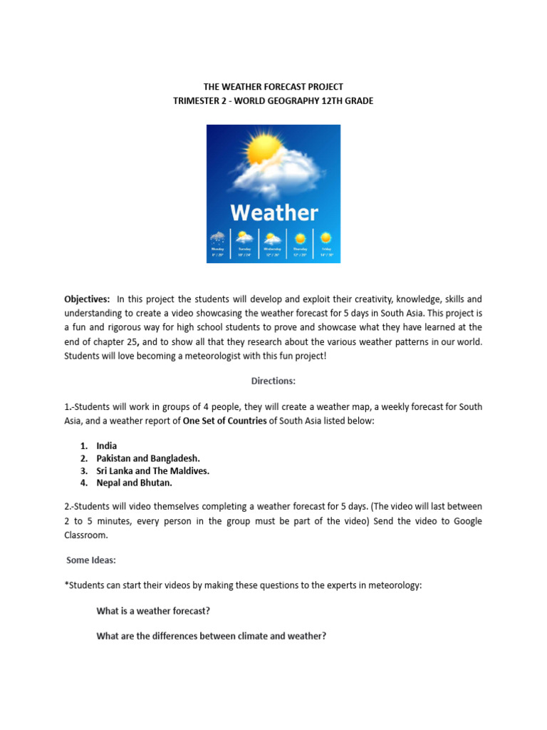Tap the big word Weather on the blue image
pos(273,212)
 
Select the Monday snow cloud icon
pos(218,238)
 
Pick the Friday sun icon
pos(325,237)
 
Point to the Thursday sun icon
pos(300,238)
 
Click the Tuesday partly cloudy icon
pos(244,237)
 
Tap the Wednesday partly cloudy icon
pos(272,238)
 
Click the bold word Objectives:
pos(87,299)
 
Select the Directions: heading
pos(273,381)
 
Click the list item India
pos(107,446)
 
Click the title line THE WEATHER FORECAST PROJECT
pos(273,87)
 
